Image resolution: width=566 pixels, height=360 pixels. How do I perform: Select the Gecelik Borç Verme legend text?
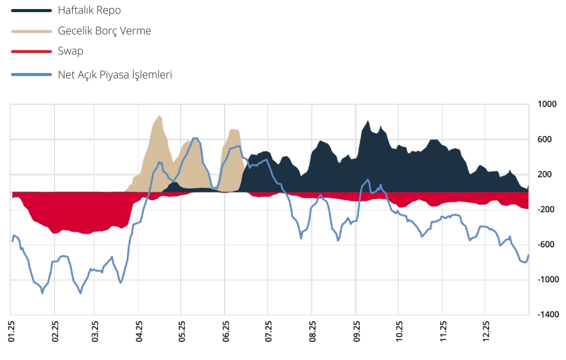coord(104,31)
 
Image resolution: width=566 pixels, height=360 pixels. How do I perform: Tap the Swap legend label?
coord(70,51)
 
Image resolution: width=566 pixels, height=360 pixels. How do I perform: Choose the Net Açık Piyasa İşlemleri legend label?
coord(115,75)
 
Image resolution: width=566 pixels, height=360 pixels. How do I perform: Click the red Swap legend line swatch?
coord(31,51)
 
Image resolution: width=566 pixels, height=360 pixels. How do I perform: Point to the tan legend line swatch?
coord(31,31)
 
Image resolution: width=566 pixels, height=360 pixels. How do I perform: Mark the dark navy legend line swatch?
coord(31,10)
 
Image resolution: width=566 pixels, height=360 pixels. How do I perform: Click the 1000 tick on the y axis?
coord(547,104)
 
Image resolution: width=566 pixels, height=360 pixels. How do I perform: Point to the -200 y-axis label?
coord(547,210)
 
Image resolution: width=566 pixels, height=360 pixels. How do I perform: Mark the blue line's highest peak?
coord(195,138)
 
